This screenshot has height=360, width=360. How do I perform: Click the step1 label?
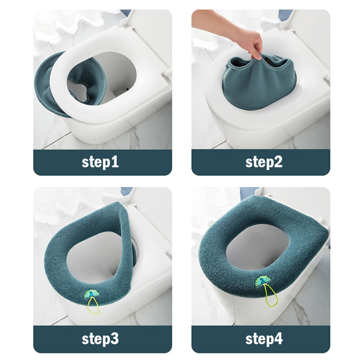[100, 162]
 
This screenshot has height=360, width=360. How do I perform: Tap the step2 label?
[264, 162]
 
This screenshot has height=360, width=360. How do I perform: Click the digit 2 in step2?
[278, 161]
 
